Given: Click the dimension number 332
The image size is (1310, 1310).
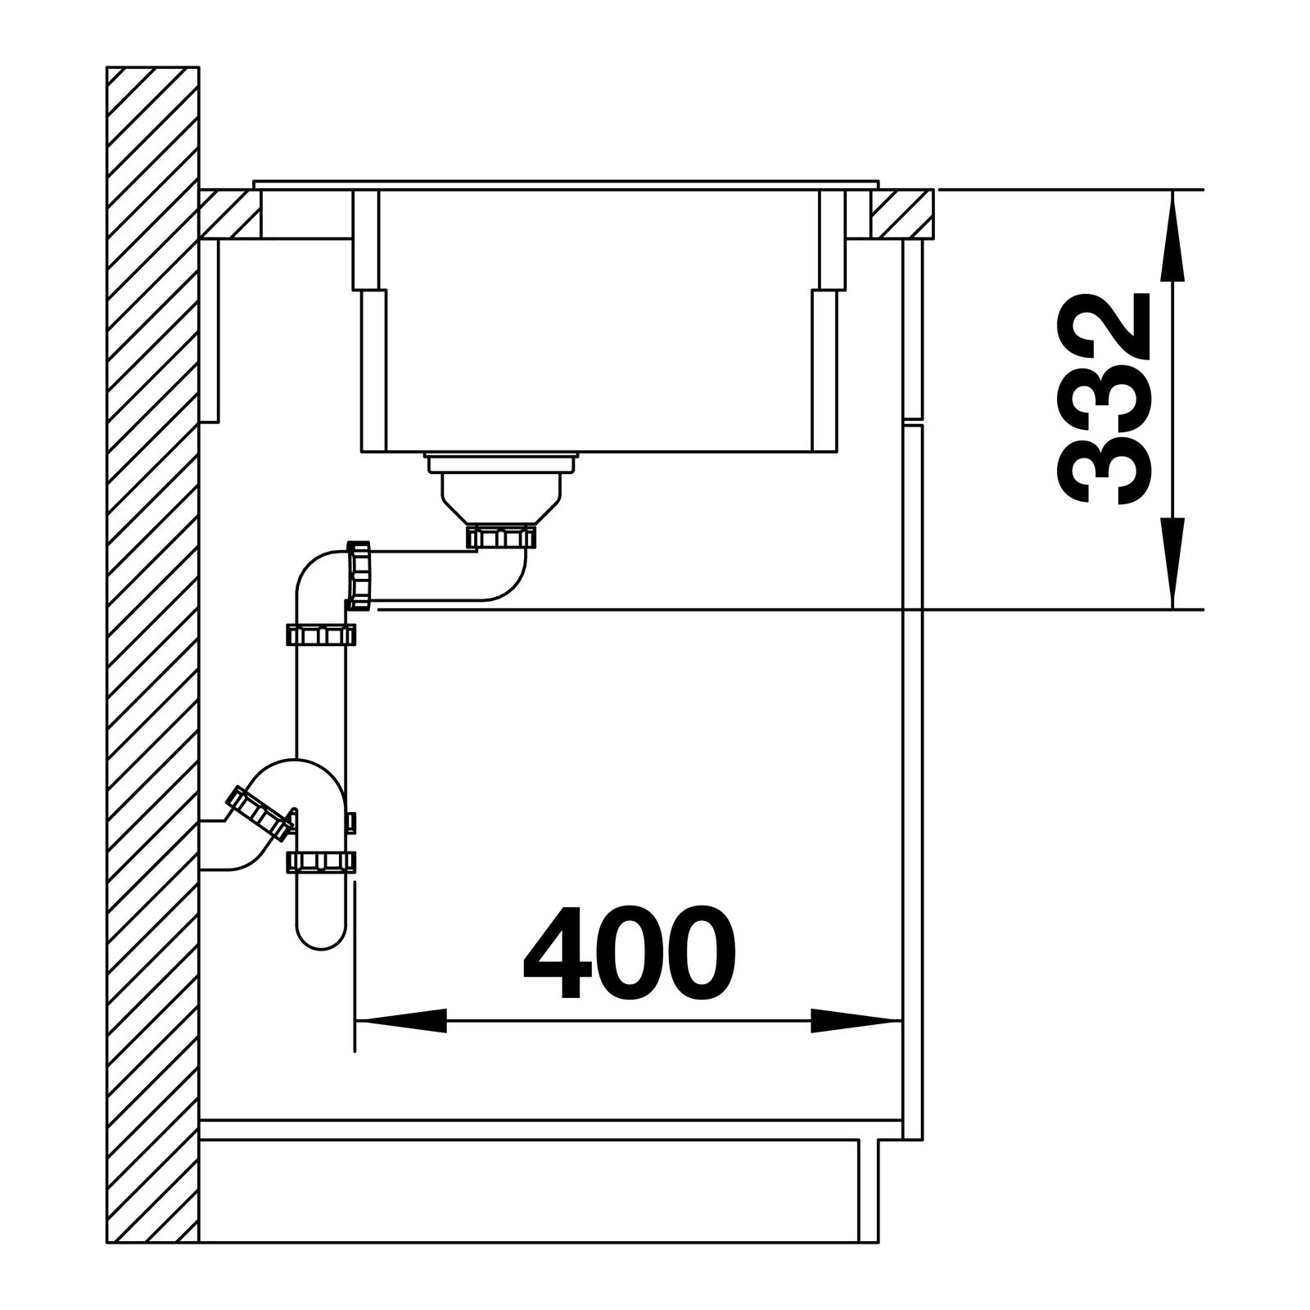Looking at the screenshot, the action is [1100, 399].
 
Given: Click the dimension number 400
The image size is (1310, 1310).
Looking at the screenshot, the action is [630, 952].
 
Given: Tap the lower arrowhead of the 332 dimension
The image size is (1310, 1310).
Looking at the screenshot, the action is [1172, 564].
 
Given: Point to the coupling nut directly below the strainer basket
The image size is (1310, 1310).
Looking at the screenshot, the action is [501, 537].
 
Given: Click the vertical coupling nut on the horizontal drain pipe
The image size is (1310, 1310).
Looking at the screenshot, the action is [359, 575].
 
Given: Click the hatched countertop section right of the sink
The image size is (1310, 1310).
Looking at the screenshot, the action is [901, 214].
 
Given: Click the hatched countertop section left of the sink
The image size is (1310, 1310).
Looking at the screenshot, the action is [230, 215].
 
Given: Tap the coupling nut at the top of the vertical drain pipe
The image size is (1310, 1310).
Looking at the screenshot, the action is [320, 635].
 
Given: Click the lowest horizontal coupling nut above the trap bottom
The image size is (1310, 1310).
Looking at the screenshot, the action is [321, 861].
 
